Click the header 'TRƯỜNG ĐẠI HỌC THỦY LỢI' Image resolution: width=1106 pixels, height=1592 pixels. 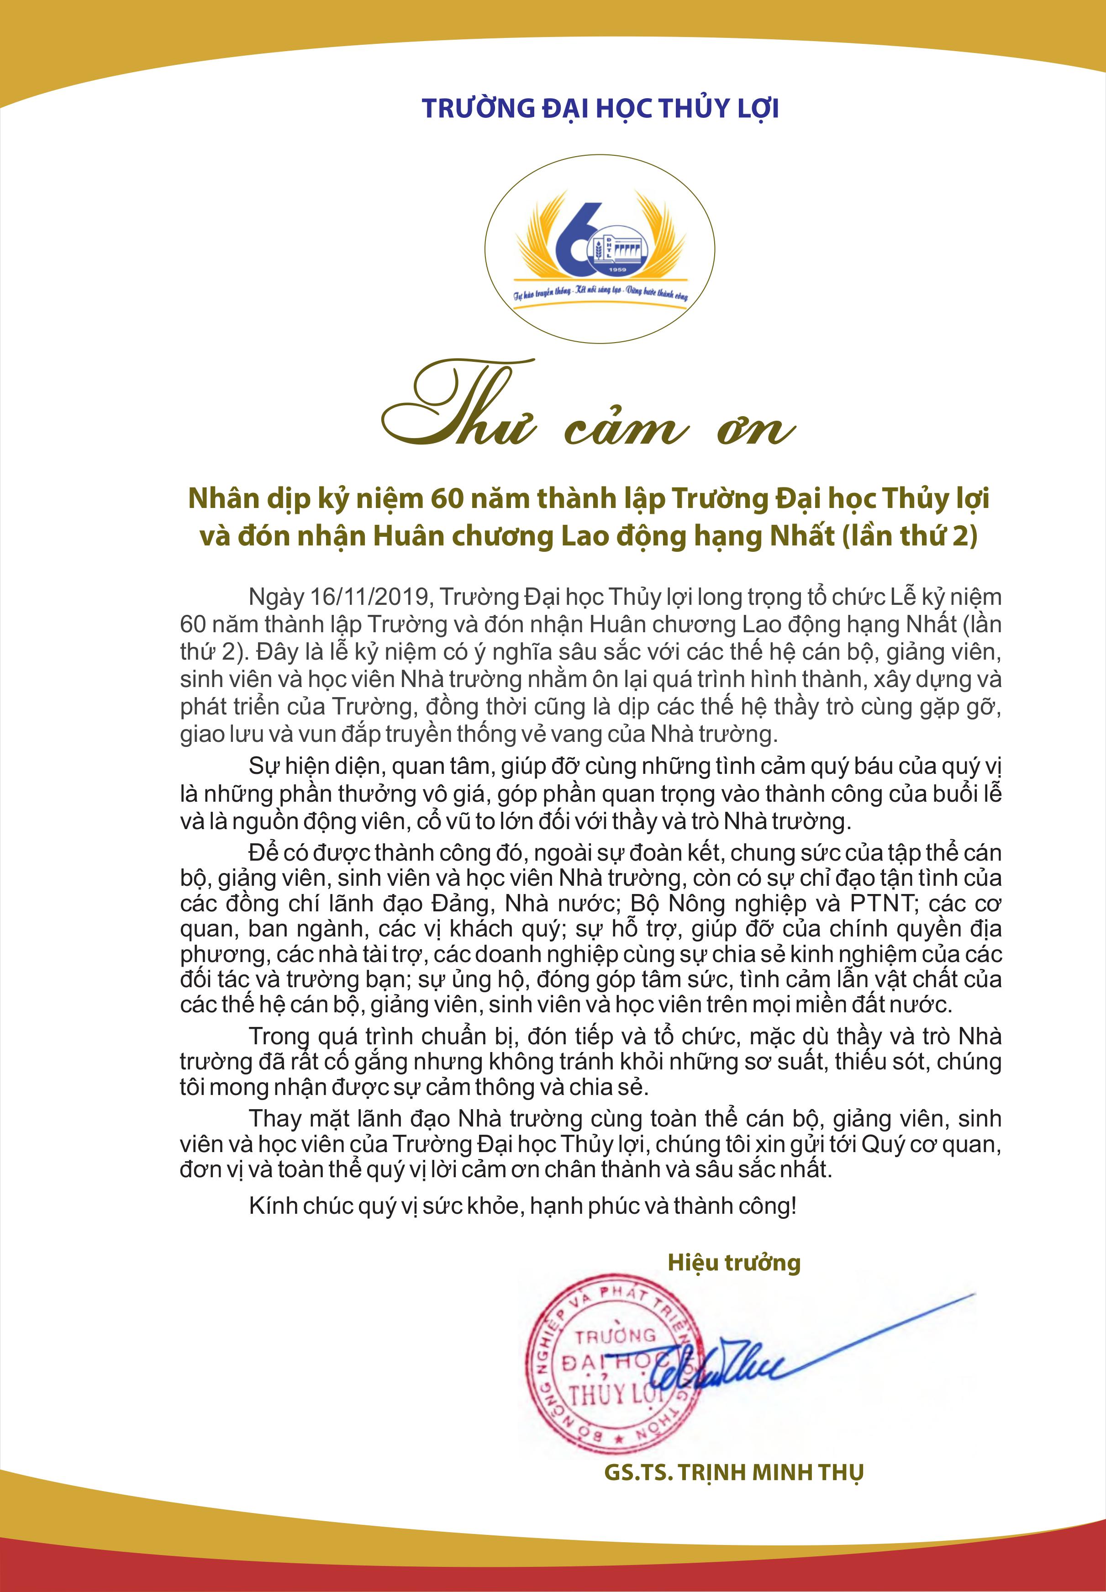coord(600,108)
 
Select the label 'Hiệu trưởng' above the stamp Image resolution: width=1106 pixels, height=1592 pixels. coord(734,1262)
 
